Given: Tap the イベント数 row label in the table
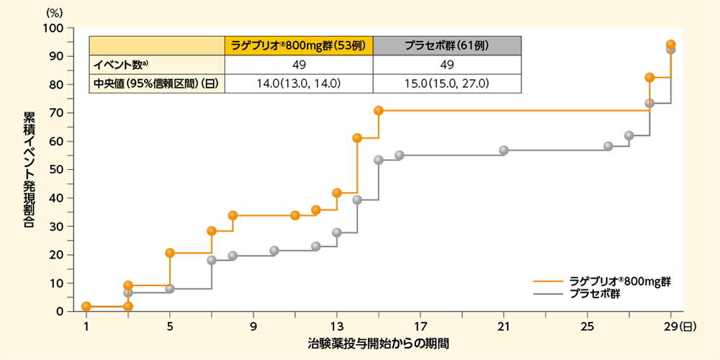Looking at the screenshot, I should pyautogui.click(x=120, y=64).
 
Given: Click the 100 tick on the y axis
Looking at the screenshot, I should pyautogui.click(x=55, y=28).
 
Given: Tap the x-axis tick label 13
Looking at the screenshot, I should pyautogui.click(x=337, y=325).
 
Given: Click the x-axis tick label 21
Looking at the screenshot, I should pyautogui.click(x=504, y=325).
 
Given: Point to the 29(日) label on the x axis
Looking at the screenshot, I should pyautogui.click(x=679, y=325).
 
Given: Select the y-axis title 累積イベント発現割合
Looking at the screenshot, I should pyautogui.click(x=30, y=170).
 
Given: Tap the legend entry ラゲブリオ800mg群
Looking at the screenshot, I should pyautogui.click(x=621, y=281).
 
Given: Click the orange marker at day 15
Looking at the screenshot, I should pyautogui.click(x=379, y=111).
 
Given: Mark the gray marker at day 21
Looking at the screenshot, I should pyautogui.click(x=504, y=150).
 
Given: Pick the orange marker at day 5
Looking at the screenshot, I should pyautogui.click(x=170, y=253).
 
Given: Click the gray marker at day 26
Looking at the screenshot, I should pyautogui.click(x=608, y=146).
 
